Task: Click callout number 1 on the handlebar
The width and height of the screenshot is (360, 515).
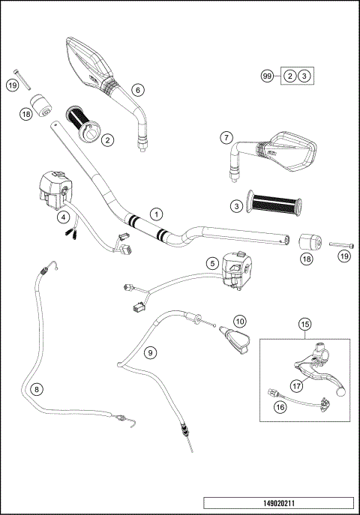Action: point(155,214)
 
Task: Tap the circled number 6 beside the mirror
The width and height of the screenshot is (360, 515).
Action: point(136,89)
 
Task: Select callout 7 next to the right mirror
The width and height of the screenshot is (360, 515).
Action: point(225,137)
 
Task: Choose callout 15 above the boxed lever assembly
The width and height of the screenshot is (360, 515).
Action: point(304,324)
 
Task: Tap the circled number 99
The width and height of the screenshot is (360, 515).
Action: point(265,76)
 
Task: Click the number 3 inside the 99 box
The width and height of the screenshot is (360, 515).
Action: point(303,76)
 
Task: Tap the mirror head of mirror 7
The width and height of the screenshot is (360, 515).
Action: point(292,148)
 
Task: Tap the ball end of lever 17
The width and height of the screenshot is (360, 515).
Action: point(341,389)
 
